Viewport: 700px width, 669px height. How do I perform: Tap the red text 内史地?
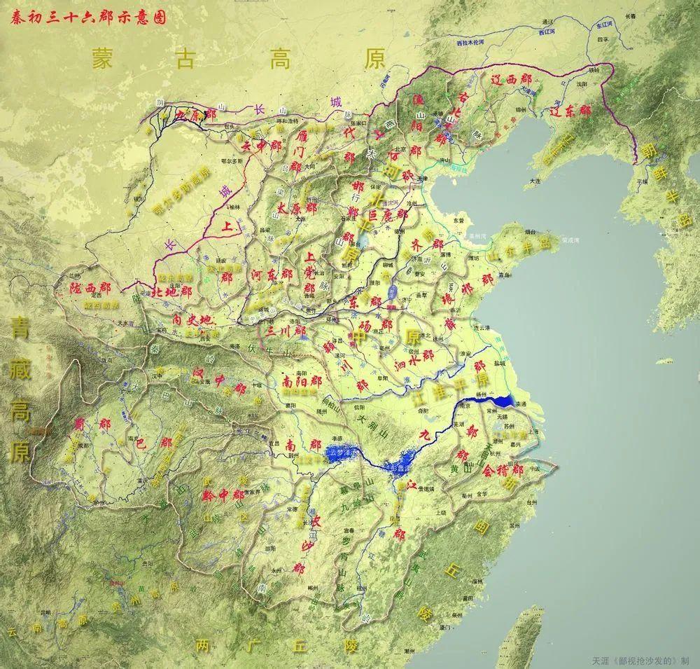click(191, 319)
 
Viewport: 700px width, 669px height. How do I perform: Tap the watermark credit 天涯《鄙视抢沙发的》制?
click(640, 660)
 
